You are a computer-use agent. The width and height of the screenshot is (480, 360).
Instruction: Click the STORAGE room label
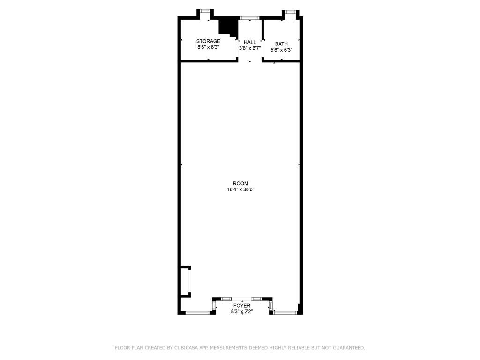(208, 41)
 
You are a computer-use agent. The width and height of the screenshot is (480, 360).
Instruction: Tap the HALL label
(250, 42)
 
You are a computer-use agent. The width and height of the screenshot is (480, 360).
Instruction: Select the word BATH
(281, 44)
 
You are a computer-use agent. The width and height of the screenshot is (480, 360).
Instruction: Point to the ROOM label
(240, 183)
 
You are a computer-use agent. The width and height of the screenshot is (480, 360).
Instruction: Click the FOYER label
(242, 306)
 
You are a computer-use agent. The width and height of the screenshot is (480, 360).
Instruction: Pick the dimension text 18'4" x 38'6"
(240, 189)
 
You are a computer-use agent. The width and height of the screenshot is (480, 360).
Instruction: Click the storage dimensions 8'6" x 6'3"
(208, 47)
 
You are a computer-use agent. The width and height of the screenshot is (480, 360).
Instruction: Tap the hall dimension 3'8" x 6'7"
(250, 48)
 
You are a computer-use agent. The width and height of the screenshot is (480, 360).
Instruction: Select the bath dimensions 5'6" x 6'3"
(281, 50)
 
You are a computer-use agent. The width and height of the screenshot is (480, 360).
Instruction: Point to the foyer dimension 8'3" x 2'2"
(242, 312)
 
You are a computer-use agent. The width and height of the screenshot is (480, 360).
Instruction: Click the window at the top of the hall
(250, 18)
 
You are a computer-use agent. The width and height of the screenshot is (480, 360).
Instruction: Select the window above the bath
(290, 11)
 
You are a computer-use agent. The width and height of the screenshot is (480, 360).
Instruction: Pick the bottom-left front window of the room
(197, 313)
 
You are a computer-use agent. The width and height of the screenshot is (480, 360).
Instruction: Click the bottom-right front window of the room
(285, 313)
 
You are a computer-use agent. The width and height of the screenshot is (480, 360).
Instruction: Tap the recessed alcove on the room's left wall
(186, 281)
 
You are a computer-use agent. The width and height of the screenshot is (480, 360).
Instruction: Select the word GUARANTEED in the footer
(347, 348)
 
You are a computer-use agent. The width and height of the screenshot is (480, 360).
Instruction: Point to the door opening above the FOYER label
(241, 299)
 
